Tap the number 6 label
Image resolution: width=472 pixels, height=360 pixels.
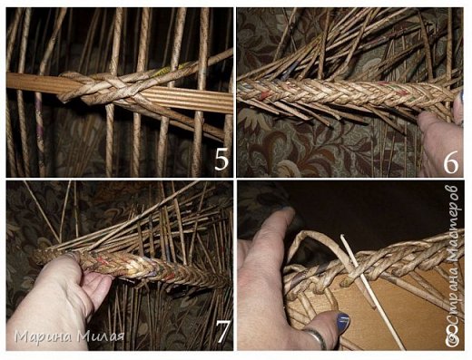451,163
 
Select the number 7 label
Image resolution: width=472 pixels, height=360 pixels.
223,332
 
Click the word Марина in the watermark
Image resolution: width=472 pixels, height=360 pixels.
44,336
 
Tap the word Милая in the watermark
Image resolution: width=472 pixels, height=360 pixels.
101,336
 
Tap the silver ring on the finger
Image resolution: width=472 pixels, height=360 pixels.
316,338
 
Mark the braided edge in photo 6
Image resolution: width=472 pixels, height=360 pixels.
345,92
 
